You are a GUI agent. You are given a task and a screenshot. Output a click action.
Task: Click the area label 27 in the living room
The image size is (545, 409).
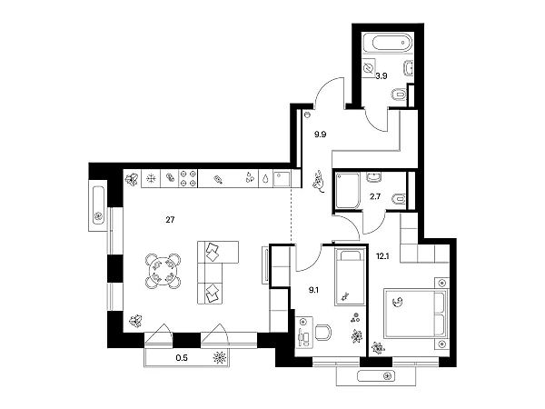pos(170,220)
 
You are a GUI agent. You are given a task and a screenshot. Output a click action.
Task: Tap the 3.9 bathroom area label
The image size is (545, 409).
pos(381,75)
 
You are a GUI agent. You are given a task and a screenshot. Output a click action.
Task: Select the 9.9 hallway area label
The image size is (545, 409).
pos(320,135)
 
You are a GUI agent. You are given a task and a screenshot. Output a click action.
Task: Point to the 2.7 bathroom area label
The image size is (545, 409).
pos(375,196)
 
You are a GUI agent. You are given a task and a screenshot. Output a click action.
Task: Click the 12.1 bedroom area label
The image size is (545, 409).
pos(382,256)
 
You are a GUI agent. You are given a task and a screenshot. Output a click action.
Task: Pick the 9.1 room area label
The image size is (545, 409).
pos(314,290)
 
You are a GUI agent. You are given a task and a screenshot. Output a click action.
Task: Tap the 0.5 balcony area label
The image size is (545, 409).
pos(182,357)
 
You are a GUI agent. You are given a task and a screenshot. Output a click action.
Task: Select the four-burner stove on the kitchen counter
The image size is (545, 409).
pos(188,178)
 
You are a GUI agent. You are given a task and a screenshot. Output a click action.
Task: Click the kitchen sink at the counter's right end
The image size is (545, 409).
pos(282,178)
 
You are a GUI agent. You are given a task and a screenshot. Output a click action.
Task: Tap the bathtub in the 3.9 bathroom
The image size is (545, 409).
pos(388,43)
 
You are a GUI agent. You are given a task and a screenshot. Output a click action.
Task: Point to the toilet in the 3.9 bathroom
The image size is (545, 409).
pos(399,94)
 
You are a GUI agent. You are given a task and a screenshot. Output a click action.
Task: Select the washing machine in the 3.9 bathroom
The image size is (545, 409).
pos(369,67)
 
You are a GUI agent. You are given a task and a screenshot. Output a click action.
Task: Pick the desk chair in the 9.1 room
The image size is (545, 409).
pos(322,333)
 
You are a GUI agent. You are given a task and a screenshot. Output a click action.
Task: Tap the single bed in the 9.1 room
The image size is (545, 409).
pos(350,276)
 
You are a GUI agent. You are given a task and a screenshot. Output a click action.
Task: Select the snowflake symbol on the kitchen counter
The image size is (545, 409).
pos(151,179)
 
